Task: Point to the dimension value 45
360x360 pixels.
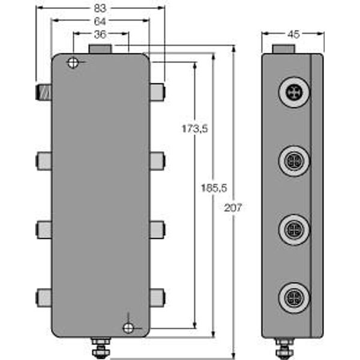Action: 293,34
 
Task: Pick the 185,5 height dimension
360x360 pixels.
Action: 214,188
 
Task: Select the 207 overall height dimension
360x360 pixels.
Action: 234,208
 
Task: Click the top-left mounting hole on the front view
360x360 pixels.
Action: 73,63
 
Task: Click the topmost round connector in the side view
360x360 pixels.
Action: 293,92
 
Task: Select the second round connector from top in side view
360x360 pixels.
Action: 293,161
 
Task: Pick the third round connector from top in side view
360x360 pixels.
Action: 293,229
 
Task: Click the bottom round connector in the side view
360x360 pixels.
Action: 293,296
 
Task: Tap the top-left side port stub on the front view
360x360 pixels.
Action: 44,92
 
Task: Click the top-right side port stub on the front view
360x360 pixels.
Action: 157,92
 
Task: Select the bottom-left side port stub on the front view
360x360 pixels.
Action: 44,296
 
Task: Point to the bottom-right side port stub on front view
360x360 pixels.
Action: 157,296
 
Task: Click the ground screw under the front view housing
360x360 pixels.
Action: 100,347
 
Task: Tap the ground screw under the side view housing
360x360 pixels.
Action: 284,347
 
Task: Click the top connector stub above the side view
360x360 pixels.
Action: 284,49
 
